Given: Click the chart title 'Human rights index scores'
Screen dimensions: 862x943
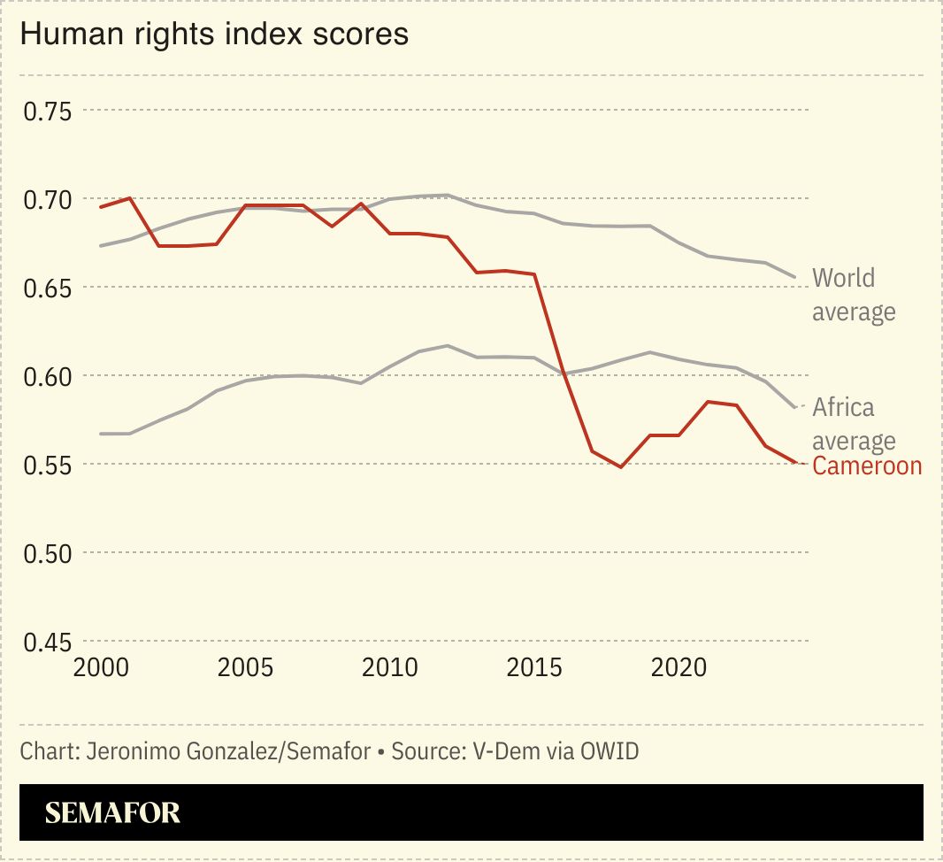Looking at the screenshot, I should click(213, 35).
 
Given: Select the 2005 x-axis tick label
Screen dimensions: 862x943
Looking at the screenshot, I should click(245, 667).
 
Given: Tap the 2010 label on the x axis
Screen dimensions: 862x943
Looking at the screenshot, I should click(390, 667).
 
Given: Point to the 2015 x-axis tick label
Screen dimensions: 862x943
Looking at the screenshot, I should click(535, 667).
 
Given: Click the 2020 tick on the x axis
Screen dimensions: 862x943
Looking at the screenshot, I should click(679, 667).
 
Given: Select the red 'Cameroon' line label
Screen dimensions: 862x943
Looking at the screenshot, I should click(867, 466).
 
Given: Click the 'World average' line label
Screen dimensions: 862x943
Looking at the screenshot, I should click(854, 295).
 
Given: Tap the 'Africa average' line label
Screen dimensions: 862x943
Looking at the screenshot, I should click(854, 423).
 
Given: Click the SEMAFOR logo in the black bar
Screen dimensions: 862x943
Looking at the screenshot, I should click(112, 812).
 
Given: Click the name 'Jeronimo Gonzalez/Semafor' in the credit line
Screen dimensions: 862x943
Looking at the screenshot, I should click(227, 751).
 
